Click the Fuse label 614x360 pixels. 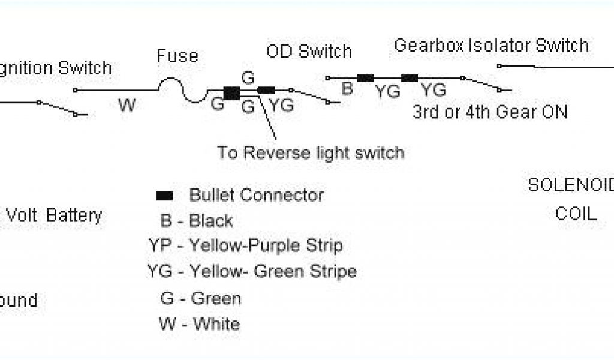coord(177,56)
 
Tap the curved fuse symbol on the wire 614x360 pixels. coord(183,91)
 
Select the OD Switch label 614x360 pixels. coord(309,51)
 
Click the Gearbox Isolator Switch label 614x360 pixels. coord(491,46)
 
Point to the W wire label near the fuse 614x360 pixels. coord(127,106)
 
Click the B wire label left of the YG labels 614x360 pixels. coord(347,89)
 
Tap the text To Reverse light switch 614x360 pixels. coord(311,152)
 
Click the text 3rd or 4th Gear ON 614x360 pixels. coord(490,112)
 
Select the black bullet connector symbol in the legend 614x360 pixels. coord(165,196)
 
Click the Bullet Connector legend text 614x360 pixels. coord(256,195)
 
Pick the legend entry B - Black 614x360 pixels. coord(197,221)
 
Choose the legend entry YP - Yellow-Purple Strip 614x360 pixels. coord(245,245)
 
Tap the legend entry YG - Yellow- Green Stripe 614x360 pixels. coord(252,271)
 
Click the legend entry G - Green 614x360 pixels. coord(200,298)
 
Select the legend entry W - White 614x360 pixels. coord(200,325)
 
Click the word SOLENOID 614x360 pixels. coord(570,186)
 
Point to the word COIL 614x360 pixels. coord(576,214)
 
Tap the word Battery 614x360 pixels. coord(74,216)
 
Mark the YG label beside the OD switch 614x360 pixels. coord(281,106)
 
